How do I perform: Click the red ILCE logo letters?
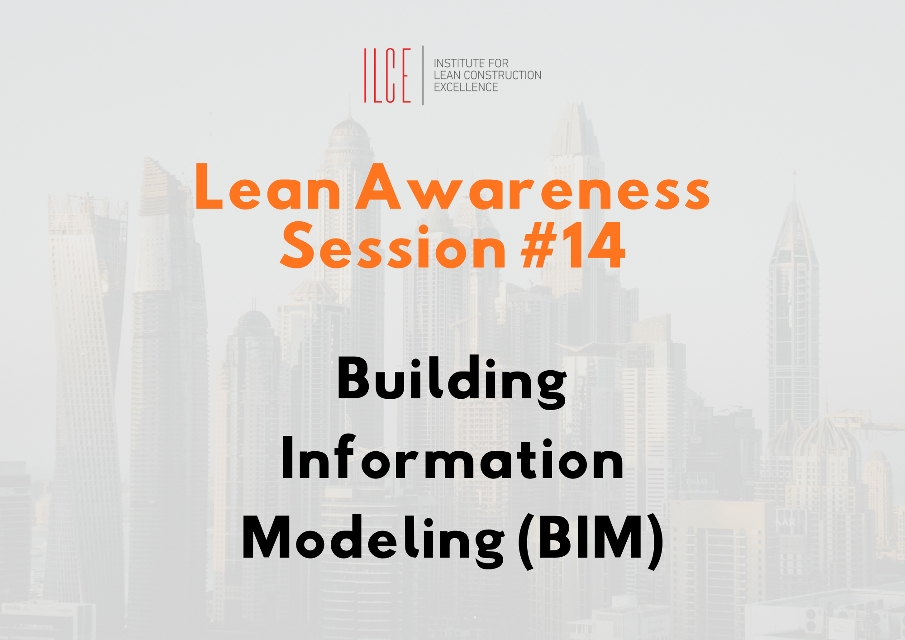(x=387, y=75)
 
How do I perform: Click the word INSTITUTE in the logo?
(x=459, y=63)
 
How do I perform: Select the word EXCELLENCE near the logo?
(x=466, y=87)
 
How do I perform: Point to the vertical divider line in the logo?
(x=423, y=75)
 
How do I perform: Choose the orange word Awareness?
(x=533, y=186)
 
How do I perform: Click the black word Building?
(x=452, y=382)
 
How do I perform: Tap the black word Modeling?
(x=373, y=541)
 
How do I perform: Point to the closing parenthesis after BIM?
(x=655, y=541)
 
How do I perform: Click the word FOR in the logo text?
(x=498, y=63)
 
